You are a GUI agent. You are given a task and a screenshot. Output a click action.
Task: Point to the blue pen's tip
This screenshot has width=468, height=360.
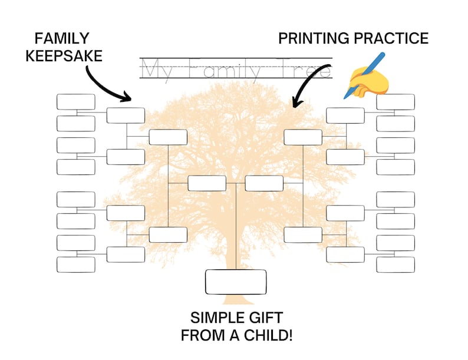345,96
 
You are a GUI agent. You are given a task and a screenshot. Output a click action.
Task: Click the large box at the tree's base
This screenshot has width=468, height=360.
236,282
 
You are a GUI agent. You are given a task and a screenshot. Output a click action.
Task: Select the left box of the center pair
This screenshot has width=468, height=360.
207,183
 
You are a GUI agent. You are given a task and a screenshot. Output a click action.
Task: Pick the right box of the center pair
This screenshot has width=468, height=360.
264,183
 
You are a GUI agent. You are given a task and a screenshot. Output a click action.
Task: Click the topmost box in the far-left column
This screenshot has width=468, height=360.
75,102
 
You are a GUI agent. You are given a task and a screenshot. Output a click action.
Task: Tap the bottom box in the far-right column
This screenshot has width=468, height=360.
396,265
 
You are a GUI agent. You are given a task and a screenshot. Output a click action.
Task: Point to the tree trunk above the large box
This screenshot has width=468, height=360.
236,247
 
